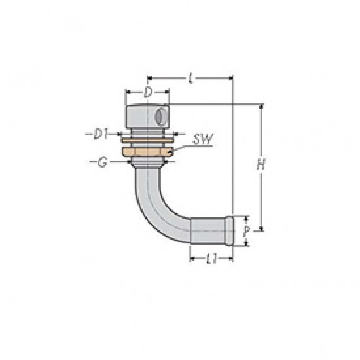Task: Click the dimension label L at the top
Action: pyautogui.click(x=190, y=78)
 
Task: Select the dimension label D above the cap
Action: pyautogui.click(x=148, y=92)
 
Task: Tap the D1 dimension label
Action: pyautogui.click(x=101, y=134)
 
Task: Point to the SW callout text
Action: pyautogui.click(x=203, y=139)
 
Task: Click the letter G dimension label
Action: pyautogui.click(x=102, y=162)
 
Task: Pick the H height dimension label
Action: pyautogui.click(x=261, y=164)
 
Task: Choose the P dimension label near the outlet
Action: pyautogui.click(x=246, y=231)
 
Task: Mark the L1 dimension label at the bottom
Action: pyautogui.click(x=211, y=259)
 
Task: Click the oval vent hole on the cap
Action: pyautogui.click(x=161, y=117)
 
